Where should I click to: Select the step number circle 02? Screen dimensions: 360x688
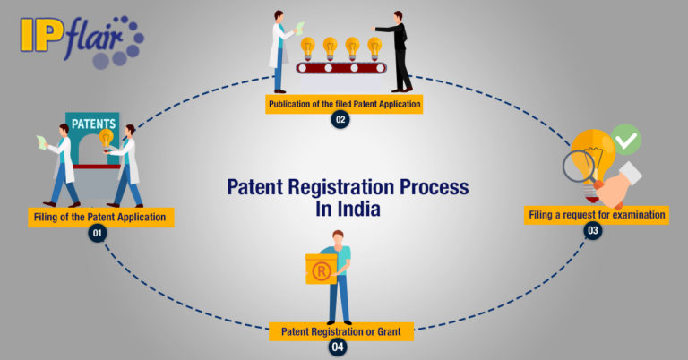pyautogui.click(x=340, y=120)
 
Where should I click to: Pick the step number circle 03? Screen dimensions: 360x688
pyautogui.click(x=592, y=231)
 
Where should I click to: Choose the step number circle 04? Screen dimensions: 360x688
pyautogui.click(x=338, y=347)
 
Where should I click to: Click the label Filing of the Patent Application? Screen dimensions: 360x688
pyautogui.click(x=99, y=216)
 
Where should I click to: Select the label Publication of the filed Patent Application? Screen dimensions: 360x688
pyautogui.click(x=344, y=104)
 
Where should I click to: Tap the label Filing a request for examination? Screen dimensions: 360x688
pyautogui.click(x=597, y=215)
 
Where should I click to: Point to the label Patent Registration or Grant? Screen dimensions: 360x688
pyautogui.click(x=341, y=330)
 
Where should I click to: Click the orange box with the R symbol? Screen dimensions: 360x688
pyautogui.click(x=321, y=268)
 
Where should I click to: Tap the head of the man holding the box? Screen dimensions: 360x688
pyautogui.click(x=338, y=238)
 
